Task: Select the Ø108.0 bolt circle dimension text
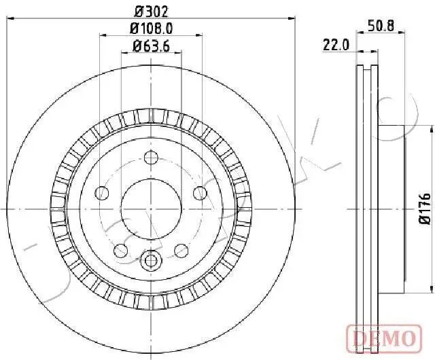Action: [x=150, y=29]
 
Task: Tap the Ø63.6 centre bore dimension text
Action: [x=150, y=47]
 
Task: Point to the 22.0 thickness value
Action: [x=335, y=45]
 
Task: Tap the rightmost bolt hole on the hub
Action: [x=199, y=193]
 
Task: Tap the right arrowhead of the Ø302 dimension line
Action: [x=293, y=20]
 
